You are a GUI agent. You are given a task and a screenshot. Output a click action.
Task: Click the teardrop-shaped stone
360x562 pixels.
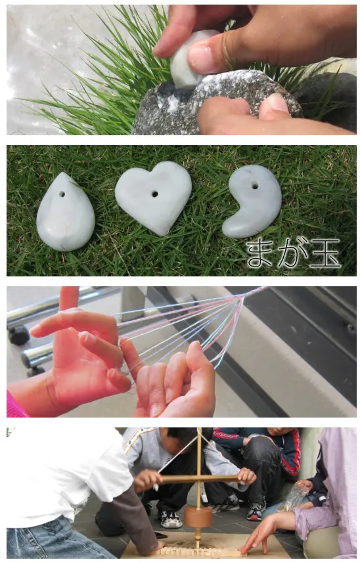tap(65, 213)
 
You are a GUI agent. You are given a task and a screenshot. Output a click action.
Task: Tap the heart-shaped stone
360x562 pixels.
tap(154, 196)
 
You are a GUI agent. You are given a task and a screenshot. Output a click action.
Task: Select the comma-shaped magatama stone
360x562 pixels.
tap(253, 201)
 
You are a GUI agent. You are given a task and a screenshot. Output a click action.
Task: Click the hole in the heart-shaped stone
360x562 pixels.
tap(154, 194)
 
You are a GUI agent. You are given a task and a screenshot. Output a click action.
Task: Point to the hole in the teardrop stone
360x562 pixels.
tap(62, 194)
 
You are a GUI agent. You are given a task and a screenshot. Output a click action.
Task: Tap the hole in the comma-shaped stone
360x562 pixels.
tap(255, 186)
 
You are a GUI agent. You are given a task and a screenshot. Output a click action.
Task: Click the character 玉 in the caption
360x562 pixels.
tap(325, 253)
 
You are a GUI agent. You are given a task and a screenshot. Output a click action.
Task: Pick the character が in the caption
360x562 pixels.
tap(292, 253)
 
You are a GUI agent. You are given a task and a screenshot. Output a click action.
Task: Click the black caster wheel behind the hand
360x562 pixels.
tap(18, 335)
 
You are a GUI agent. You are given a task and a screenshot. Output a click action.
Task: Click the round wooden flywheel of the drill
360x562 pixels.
tap(198, 517)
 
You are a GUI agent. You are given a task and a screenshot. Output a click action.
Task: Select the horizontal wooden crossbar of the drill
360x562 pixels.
tap(200, 478)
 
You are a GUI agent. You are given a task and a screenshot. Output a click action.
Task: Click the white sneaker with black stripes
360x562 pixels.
tap(170, 519)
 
